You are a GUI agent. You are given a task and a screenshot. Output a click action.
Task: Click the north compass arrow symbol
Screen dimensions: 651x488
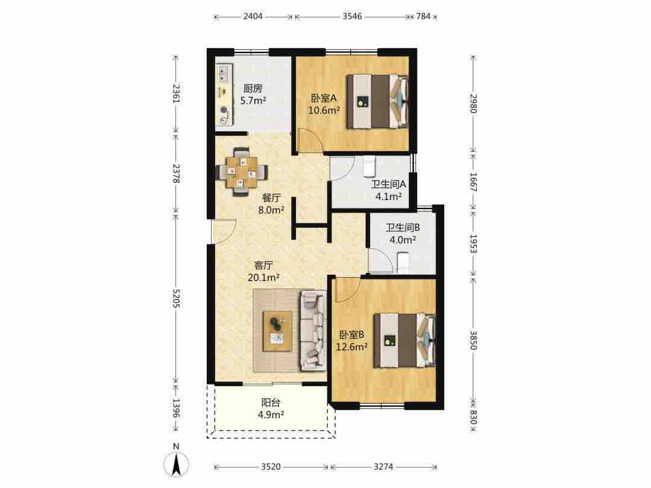[x=177, y=463]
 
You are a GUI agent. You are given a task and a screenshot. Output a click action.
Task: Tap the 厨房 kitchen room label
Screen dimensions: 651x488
[x=253, y=89]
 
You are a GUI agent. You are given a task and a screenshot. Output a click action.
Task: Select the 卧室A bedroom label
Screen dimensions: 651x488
[x=324, y=98]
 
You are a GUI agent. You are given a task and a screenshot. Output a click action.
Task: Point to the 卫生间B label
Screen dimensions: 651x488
[x=402, y=227]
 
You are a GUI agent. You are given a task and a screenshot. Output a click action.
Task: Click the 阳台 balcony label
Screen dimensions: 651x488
[x=271, y=402]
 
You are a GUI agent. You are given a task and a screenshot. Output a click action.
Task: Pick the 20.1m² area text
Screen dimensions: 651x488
[x=263, y=277]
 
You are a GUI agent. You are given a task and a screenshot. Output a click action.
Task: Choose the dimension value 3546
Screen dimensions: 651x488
[x=352, y=16]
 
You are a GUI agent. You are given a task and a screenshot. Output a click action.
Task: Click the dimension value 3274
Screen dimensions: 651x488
[x=383, y=467]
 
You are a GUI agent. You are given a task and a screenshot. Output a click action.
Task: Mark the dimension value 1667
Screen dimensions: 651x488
[x=473, y=182]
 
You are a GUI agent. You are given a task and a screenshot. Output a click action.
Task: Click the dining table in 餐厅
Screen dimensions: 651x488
[x=241, y=171]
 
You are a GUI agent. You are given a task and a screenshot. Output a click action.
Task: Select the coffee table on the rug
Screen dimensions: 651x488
[x=277, y=331]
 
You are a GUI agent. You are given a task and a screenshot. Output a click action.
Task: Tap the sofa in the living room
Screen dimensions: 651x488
[x=312, y=330]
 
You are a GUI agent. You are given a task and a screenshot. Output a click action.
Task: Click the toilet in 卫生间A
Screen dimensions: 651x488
[x=369, y=166]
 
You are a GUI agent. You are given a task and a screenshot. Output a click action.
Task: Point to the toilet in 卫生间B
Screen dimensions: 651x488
[x=403, y=263]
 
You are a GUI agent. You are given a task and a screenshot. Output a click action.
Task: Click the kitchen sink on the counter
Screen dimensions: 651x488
[x=224, y=74]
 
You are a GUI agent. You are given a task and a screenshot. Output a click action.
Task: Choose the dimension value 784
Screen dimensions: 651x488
[x=423, y=16]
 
